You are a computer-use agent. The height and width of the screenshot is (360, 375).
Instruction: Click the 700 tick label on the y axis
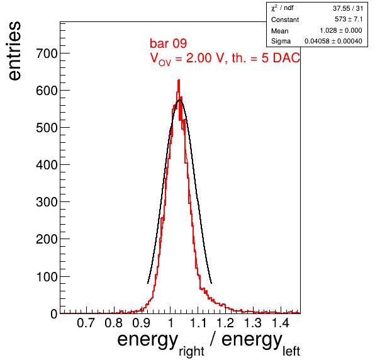tap(47, 53)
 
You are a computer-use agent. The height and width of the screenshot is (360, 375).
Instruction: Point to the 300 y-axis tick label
tap(47, 202)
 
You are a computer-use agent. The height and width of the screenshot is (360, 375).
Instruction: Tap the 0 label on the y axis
tap(54, 314)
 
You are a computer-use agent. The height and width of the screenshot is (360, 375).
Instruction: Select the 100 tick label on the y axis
tap(47, 277)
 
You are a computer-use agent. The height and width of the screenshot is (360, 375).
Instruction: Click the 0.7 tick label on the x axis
tap(86, 323)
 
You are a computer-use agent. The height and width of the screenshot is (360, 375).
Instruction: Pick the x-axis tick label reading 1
tap(171, 323)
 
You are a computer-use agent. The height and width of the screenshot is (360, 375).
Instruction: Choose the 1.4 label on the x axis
tap(281, 323)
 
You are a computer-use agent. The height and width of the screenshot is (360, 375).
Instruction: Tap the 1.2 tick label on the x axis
tap(225, 323)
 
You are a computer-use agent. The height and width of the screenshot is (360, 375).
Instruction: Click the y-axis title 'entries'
tap(14, 51)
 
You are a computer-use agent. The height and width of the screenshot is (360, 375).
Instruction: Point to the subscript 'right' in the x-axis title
tap(191, 351)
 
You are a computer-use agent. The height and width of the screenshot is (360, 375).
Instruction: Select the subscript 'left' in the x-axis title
tap(291, 351)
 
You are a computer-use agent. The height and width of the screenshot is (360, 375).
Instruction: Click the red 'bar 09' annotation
tap(169, 43)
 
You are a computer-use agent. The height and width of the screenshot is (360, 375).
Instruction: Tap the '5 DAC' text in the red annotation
tap(281, 58)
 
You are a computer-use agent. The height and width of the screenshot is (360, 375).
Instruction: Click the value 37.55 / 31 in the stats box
tap(348, 8)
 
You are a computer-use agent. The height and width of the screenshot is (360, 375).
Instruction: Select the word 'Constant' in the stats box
tap(285, 20)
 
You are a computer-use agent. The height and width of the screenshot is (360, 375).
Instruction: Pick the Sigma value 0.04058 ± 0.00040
tap(333, 41)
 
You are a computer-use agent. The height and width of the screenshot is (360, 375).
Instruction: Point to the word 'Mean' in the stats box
tap(279, 31)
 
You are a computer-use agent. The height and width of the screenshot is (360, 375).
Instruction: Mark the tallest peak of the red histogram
tap(179, 81)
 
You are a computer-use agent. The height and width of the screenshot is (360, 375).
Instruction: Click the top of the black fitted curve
tap(179, 100)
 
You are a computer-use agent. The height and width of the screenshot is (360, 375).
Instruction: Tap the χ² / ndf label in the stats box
tap(283, 8)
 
